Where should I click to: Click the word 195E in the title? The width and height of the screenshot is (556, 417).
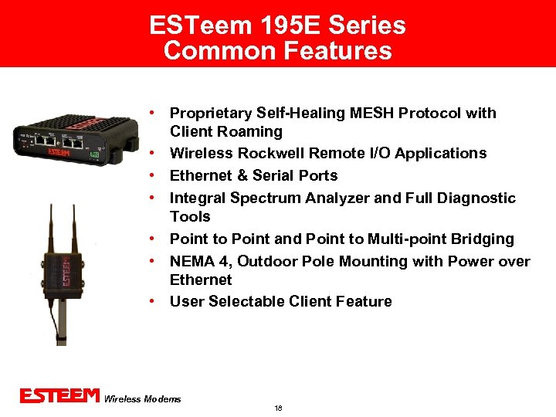pyautogui.click(x=282, y=25)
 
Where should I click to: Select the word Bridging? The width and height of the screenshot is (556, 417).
pyautogui.click(x=482, y=239)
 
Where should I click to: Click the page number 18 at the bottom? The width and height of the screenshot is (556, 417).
pyautogui.click(x=278, y=408)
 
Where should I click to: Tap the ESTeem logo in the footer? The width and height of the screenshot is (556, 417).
pyautogui.click(x=59, y=396)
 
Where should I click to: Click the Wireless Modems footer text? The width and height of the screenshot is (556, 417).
pyautogui.click(x=142, y=399)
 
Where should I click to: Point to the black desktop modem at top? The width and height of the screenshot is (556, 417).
pyautogui.click(x=63, y=137)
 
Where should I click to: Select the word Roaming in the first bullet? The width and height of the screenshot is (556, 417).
pyautogui.click(x=250, y=132)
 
